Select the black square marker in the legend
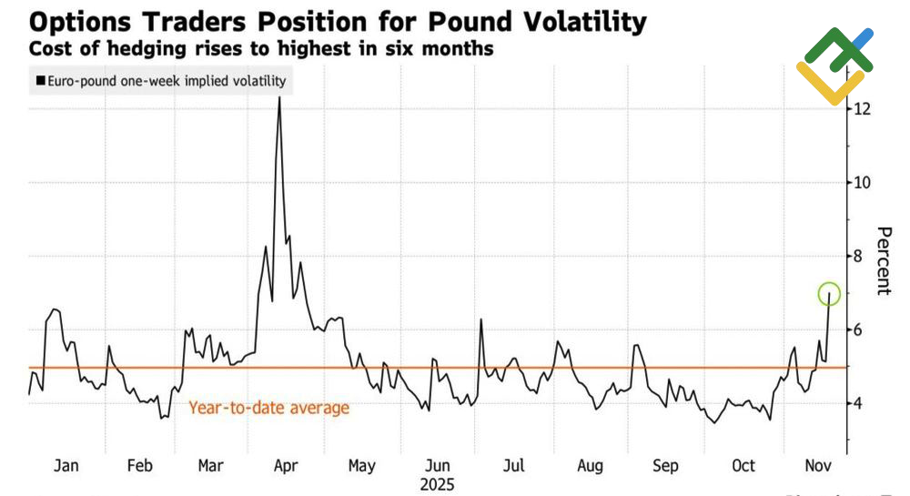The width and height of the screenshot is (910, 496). (39, 81)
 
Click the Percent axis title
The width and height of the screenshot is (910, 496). (882, 260)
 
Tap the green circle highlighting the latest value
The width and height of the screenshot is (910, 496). (829, 294)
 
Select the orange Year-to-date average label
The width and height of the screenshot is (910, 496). (268, 408)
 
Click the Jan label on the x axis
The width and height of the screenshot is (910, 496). (66, 466)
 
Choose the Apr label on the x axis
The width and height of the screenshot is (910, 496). (286, 466)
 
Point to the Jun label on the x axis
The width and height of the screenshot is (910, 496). (438, 466)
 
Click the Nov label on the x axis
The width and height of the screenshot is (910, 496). (820, 466)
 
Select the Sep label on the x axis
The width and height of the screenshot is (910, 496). (665, 466)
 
